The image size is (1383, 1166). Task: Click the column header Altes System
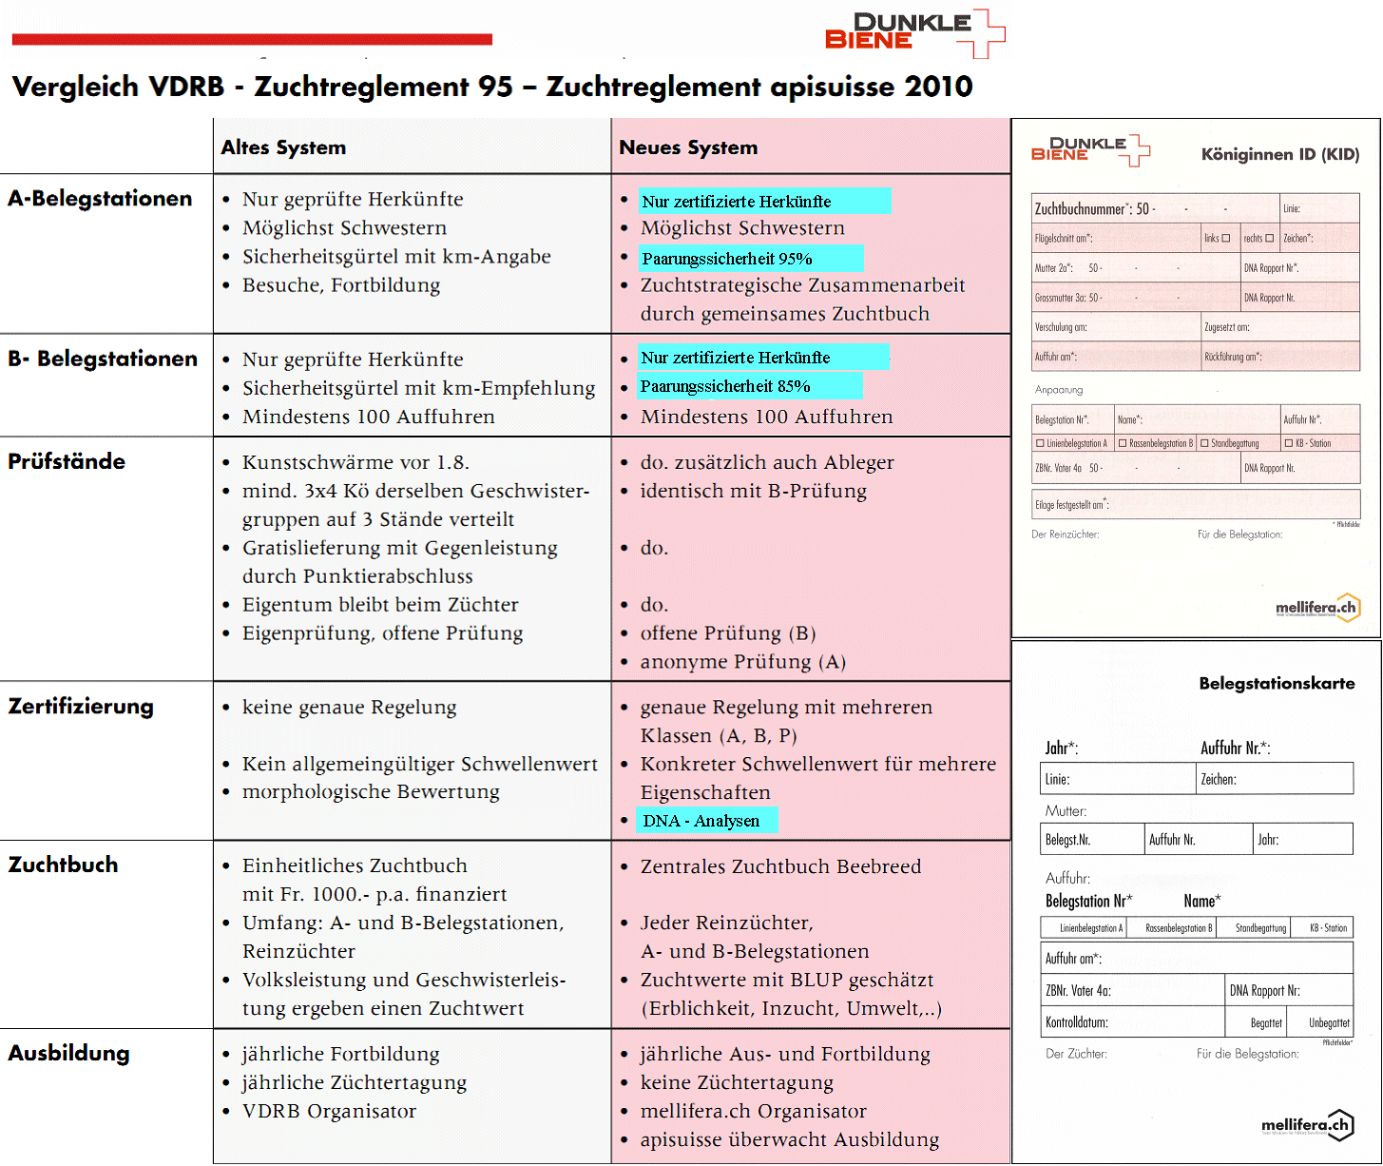click(x=283, y=147)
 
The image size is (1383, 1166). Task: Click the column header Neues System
click(x=688, y=147)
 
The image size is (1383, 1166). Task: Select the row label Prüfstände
click(x=67, y=461)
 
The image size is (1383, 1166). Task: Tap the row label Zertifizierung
click(x=81, y=707)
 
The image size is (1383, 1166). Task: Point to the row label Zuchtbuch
click(x=64, y=865)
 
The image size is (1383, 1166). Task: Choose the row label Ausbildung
click(x=68, y=1053)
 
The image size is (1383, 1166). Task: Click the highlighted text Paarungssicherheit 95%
click(x=727, y=259)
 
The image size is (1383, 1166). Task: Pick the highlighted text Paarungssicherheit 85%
click(x=725, y=386)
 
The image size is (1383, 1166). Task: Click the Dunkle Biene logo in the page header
click(x=912, y=32)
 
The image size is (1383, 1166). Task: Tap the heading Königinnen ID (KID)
click(x=1279, y=154)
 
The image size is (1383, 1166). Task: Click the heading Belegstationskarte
click(x=1277, y=683)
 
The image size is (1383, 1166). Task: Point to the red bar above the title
click(x=252, y=39)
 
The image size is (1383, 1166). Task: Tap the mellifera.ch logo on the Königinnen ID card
click(x=1317, y=607)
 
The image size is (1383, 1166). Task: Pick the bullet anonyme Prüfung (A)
click(x=742, y=662)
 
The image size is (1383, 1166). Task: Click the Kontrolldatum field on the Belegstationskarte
click(x=1131, y=1022)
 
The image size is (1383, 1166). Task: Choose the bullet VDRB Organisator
click(x=329, y=1111)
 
